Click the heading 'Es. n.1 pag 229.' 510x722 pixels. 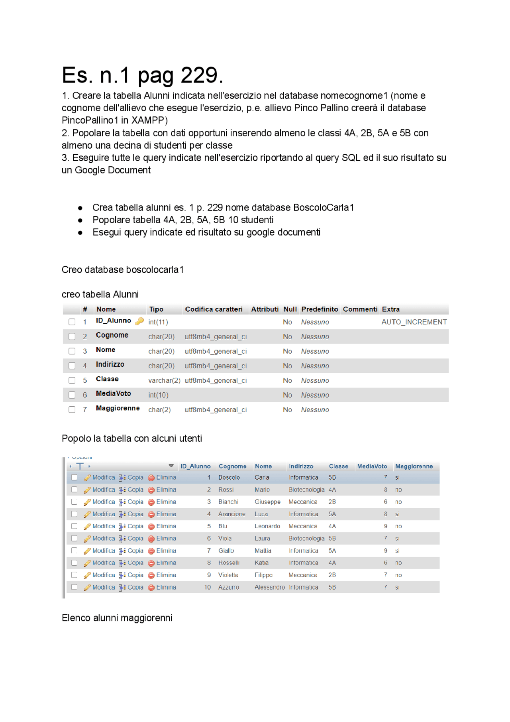142,75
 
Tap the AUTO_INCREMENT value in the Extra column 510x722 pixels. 414,322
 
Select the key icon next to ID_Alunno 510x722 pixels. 139,321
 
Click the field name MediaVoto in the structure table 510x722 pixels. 113,393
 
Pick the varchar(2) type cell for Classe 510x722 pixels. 164,381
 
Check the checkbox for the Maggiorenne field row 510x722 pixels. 72,410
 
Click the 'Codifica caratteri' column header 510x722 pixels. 214,309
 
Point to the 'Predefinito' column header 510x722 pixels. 320,309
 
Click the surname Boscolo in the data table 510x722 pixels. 229,478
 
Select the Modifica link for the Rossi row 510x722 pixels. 103,490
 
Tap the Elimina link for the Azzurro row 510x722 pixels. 166,588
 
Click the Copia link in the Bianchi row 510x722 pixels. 135,502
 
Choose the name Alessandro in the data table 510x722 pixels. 269,588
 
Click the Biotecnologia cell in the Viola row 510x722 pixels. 306,539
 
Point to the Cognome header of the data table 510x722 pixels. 232,466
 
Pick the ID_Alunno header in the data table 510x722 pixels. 195,466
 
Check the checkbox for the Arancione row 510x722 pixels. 75,514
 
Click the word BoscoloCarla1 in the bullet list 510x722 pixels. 323,208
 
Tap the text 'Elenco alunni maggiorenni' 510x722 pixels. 117,618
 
